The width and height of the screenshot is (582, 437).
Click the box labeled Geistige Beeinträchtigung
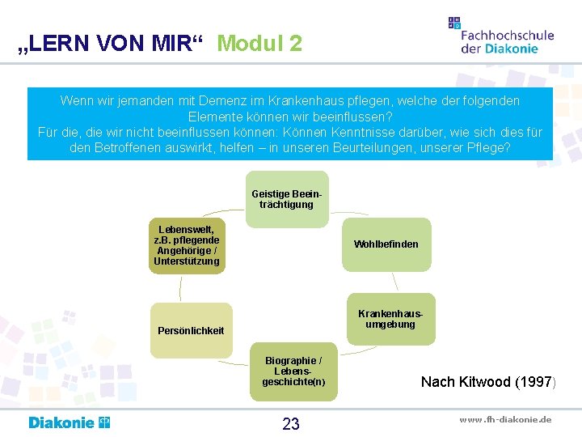click(287, 199)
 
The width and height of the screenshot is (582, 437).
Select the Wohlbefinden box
click(386, 244)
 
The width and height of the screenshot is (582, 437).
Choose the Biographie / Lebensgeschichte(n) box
click(293, 371)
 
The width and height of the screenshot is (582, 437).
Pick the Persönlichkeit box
click(192, 330)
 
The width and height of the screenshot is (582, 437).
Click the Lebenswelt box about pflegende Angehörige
click(188, 245)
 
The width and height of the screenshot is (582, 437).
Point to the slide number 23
click(291, 424)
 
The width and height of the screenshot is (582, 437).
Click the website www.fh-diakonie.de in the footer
click(505, 419)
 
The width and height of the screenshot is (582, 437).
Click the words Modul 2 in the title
click(259, 43)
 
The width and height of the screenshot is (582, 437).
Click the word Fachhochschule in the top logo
click(507, 35)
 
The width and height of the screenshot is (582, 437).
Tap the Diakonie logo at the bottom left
click(70, 422)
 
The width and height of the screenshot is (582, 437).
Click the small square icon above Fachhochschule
click(454, 23)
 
